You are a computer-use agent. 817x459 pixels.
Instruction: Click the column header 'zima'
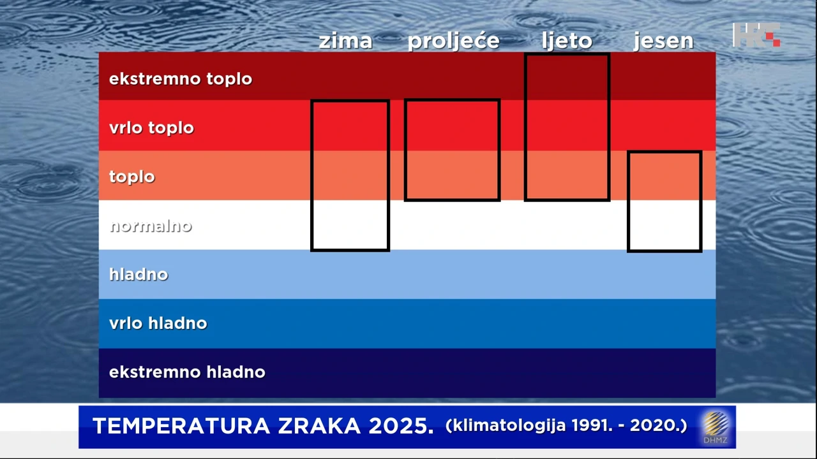click(345, 41)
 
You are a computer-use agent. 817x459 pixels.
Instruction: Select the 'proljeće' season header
click(453, 41)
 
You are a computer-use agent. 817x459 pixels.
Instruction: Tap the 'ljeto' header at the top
click(567, 41)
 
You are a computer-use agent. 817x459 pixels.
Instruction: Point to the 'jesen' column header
click(663, 41)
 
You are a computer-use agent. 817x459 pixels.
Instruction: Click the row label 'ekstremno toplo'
click(181, 79)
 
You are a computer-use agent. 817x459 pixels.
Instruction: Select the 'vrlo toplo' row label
click(151, 127)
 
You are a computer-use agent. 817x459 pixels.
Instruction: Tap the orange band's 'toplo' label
click(132, 177)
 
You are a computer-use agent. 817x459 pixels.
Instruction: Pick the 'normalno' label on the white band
click(151, 226)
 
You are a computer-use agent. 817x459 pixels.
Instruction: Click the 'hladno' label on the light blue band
click(139, 274)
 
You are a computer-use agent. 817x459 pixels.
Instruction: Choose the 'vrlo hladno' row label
click(158, 323)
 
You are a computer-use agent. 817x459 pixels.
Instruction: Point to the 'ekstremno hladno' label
click(187, 372)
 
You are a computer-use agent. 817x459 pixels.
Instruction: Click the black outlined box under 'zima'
click(350, 175)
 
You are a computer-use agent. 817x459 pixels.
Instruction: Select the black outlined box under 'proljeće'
click(452, 150)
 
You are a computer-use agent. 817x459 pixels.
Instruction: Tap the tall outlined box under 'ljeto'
click(567, 127)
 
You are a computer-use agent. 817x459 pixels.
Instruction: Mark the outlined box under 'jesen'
click(664, 201)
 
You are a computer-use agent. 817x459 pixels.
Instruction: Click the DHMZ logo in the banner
click(716, 427)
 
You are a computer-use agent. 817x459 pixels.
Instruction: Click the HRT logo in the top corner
click(757, 34)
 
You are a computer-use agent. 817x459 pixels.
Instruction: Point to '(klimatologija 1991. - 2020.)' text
click(566, 425)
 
